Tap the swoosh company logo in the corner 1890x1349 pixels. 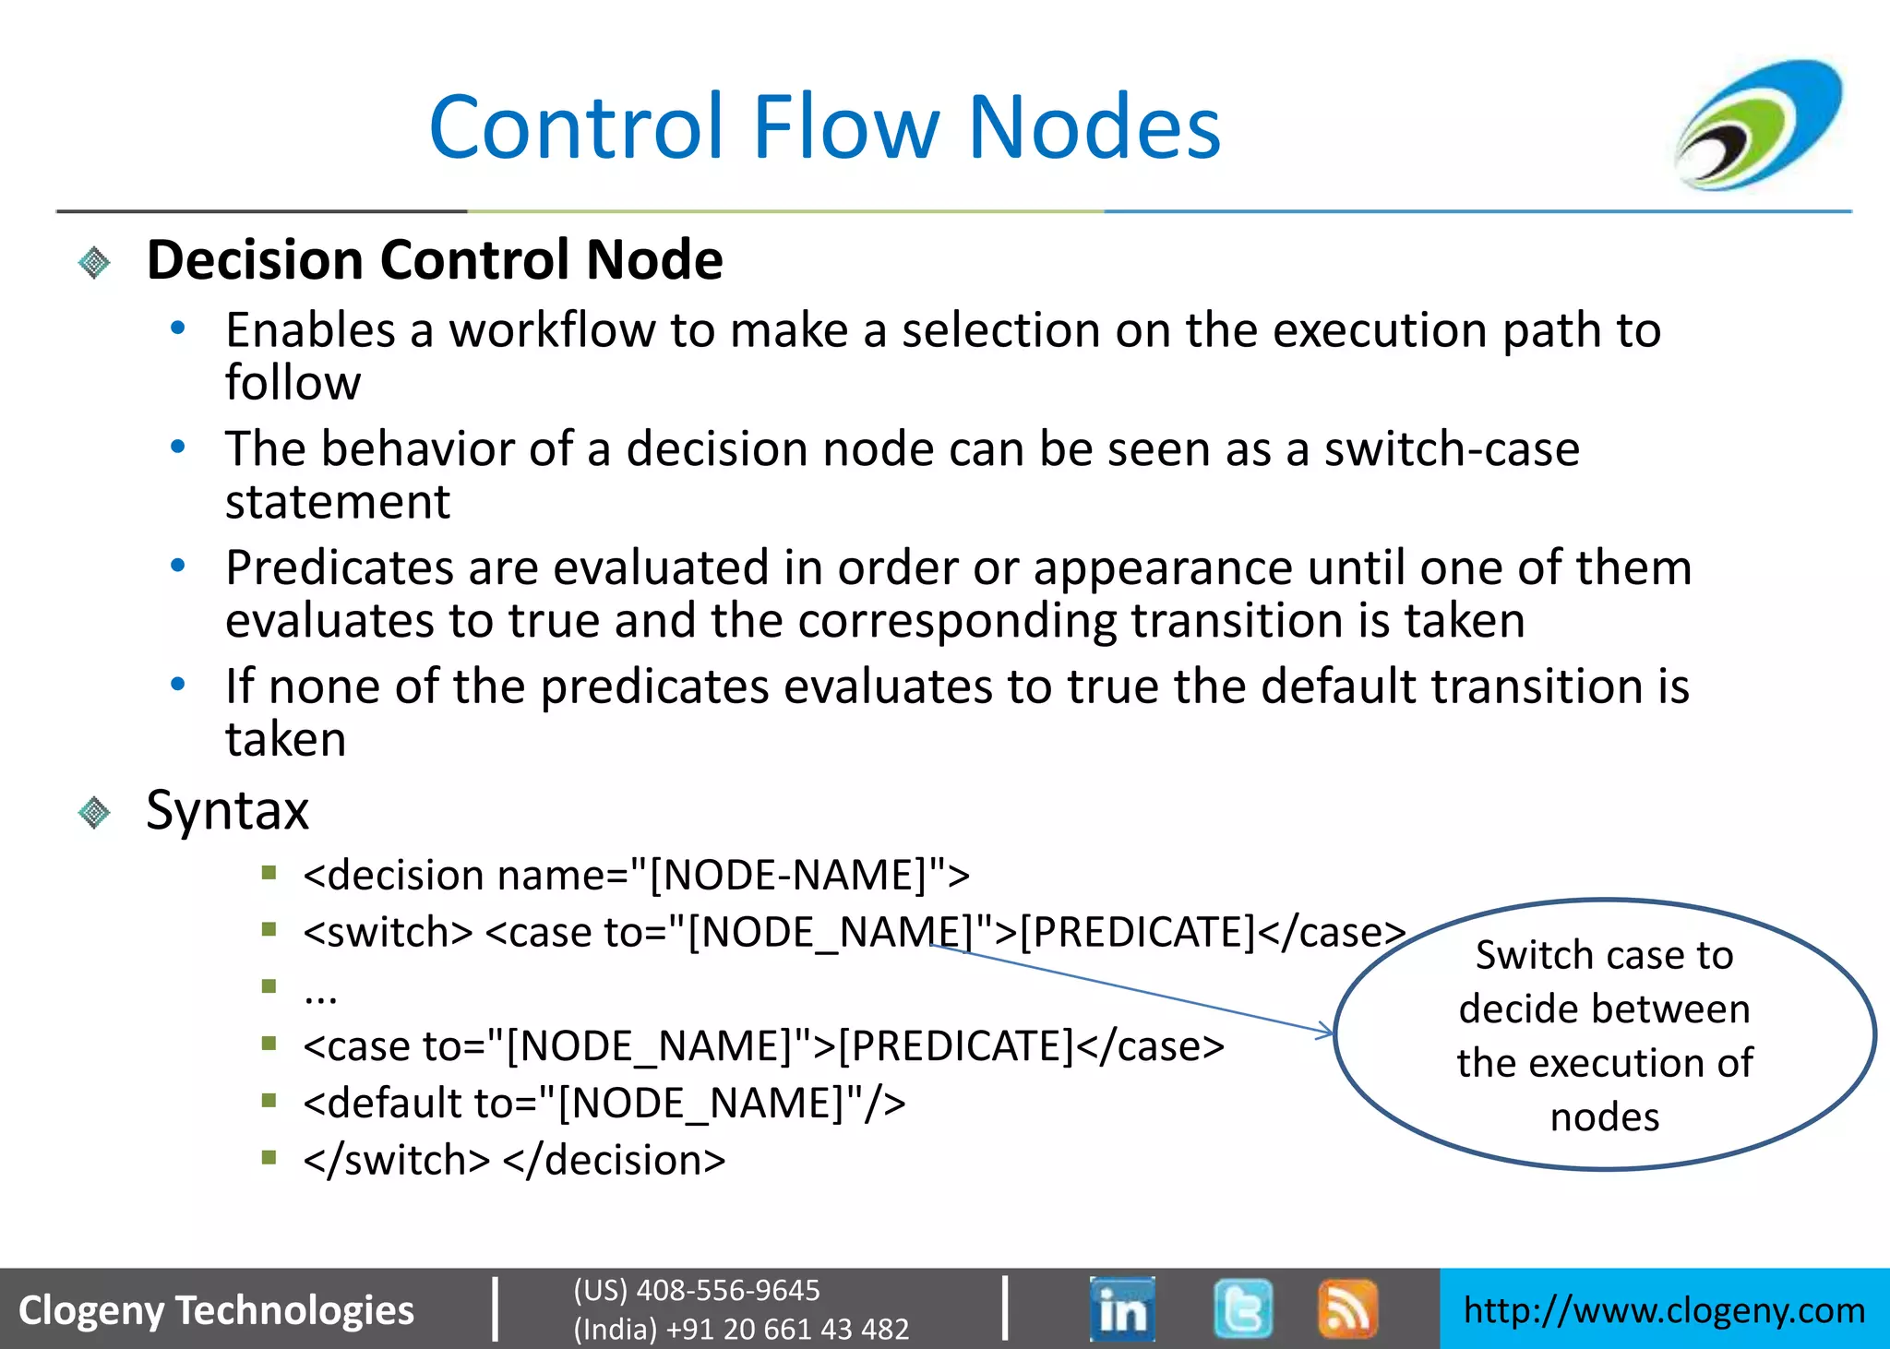(1759, 125)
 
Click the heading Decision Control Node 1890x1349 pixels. (434, 259)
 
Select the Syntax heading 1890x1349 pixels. (227, 810)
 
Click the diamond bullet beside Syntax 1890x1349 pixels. (94, 813)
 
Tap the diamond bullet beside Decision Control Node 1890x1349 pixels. (94, 263)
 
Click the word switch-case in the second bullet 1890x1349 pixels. (1451, 449)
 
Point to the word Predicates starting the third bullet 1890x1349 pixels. (340, 567)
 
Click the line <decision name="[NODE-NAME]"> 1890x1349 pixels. (636, 875)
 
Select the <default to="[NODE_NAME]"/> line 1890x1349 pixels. (604, 1103)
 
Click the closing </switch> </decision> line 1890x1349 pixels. (514, 1160)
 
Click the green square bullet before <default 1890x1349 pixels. (269, 1100)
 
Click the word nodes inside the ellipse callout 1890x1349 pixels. (1604, 1116)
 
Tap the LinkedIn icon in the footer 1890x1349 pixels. (1122, 1308)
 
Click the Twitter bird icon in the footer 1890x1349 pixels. (1243, 1308)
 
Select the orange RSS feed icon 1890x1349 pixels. (1347, 1308)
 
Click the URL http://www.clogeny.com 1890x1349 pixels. (1664, 1310)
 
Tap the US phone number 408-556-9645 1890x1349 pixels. (727, 1290)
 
